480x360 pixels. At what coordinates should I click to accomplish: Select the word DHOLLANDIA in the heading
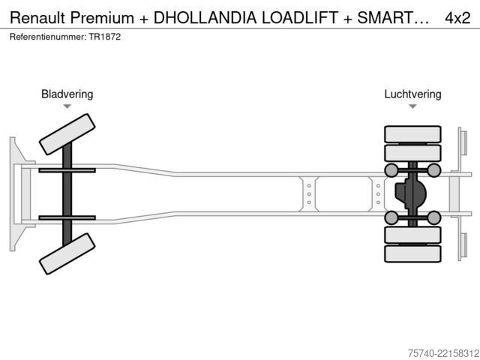pyautogui.click(x=205, y=18)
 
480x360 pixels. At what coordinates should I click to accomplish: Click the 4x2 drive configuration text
pyautogui.click(x=457, y=18)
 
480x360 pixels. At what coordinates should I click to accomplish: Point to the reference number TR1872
pyautogui.click(x=105, y=37)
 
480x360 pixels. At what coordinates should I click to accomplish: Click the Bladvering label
pyautogui.click(x=67, y=94)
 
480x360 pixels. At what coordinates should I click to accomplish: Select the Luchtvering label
pyautogui.click(x=412, y=94)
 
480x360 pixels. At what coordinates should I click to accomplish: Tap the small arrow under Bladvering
pyautogui.click(x=67, y=106)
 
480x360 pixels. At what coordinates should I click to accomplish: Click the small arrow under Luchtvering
pyautogui.click(x=412, y=106)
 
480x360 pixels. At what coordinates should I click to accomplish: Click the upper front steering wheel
pyautogui.click(x=67, y=134)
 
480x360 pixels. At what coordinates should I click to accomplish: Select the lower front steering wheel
pyautogui.click(x=67, y=253)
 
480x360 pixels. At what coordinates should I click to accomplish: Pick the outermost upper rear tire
pyautogui.click(x=412, y=134)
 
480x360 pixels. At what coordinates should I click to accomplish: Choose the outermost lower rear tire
pyautogui.click(x=412, y=253)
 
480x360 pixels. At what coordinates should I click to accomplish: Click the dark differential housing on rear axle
pyautogui.click(x=410, y=193)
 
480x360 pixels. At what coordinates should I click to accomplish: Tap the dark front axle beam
pyautogui.click(x=67, y=194)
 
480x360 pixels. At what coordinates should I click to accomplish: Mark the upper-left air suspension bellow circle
pyautogui.click(x=391, y=170)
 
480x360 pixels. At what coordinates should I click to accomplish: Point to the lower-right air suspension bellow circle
pyautogui.click(x=433, y=217)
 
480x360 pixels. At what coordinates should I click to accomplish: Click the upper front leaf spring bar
pyautogui.click(x=67, y=170)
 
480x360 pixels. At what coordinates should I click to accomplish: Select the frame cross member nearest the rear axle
pyautogui.click(x=378, y=194)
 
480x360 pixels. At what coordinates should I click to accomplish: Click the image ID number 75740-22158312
pyautogui.click(x=443, y=353)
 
